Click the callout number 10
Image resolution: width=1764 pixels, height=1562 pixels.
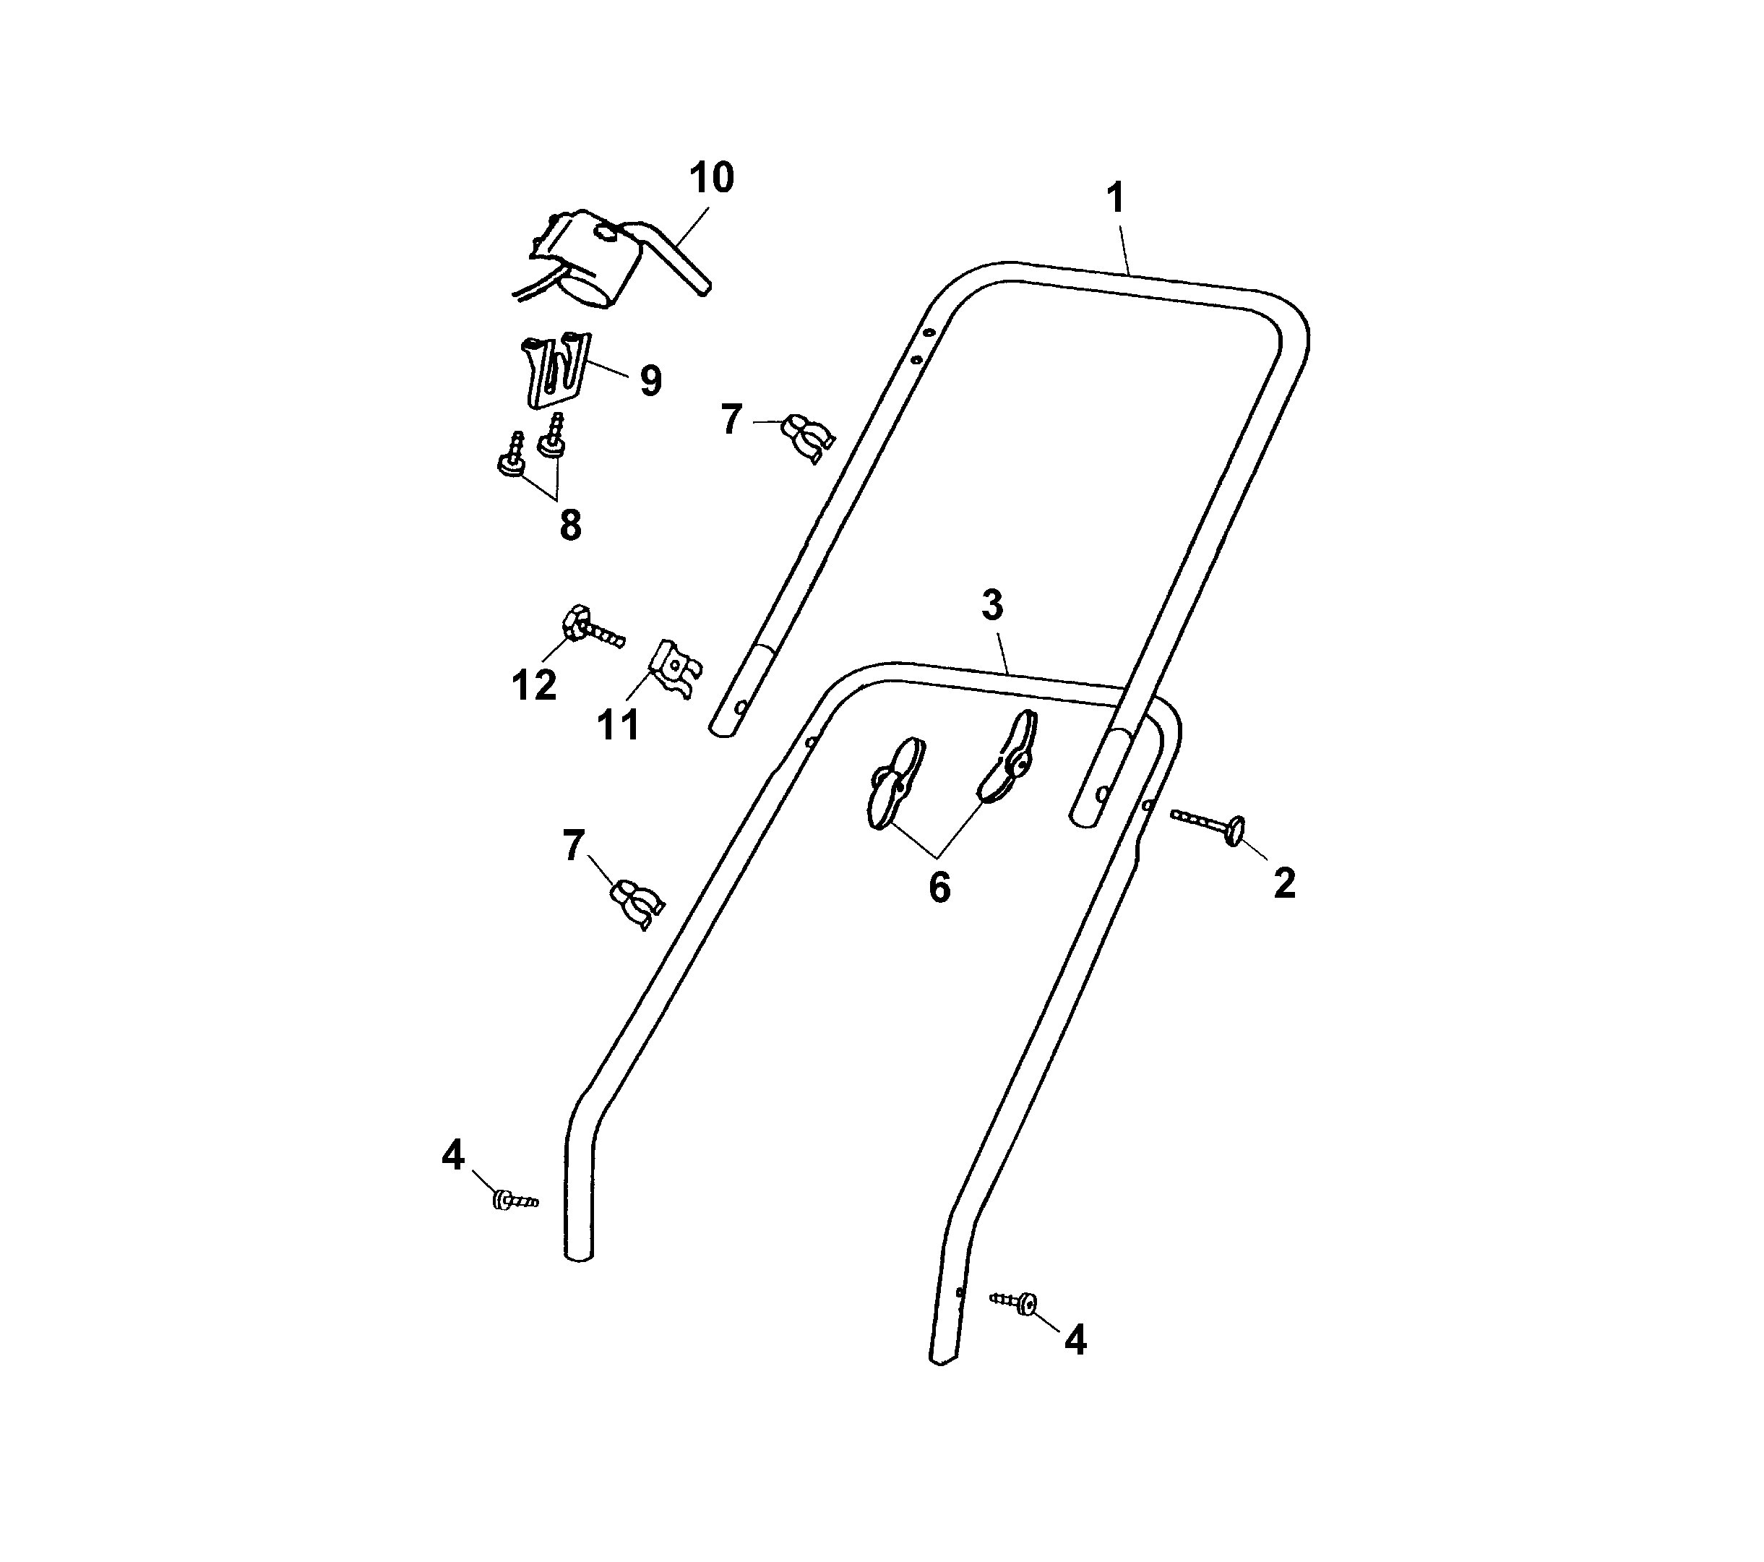coord(711,178)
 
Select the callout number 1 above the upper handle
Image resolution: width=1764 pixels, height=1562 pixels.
coord(1116,199)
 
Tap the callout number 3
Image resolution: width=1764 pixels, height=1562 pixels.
coord(992,606)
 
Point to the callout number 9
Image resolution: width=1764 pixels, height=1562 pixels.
coord(650,381)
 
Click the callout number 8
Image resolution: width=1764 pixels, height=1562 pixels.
coord(570,525)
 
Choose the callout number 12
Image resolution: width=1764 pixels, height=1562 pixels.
coord(533,685)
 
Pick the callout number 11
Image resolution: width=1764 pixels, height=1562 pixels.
coord(618,725)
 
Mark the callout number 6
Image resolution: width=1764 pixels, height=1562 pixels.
coord(940,887)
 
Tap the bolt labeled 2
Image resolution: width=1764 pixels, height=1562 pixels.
coord(1208,824)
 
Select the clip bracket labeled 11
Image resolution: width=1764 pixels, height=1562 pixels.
coord(676,669)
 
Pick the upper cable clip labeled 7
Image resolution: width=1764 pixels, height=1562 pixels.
coord(807,435)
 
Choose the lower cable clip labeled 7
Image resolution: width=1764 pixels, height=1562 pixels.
coord(636,904)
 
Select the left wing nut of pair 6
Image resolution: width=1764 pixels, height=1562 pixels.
coord(895,783)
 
